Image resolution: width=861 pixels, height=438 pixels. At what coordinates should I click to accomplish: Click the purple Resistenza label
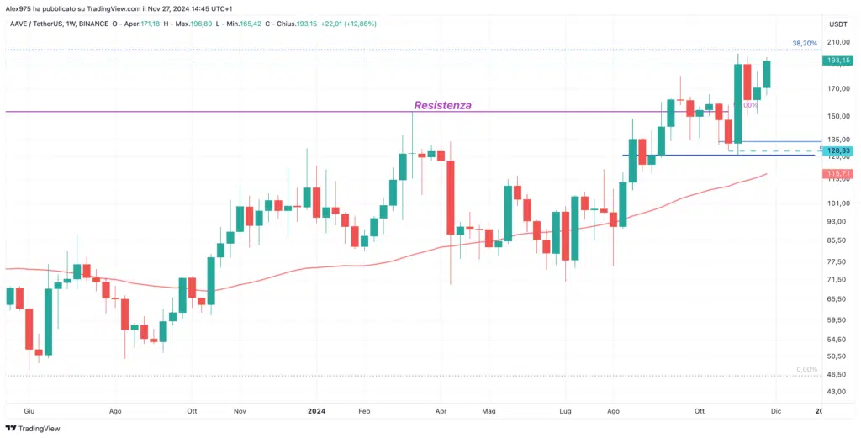pos(442,106)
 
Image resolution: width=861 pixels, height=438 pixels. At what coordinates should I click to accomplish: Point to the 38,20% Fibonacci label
pos(806,42)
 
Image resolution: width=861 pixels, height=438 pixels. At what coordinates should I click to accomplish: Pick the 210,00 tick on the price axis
pos(837,42)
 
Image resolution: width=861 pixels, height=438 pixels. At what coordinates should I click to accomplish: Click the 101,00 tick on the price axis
pos(837,203)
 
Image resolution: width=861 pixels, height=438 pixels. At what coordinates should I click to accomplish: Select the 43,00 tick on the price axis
pos(837,392)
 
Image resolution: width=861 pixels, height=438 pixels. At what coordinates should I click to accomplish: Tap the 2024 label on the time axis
pos(316,411)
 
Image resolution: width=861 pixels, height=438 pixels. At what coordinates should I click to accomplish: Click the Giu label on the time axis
pos(29,411)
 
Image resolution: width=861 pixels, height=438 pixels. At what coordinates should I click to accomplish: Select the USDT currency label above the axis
pos(837,24)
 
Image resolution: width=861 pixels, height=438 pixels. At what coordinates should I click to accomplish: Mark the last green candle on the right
pos(767,73)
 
